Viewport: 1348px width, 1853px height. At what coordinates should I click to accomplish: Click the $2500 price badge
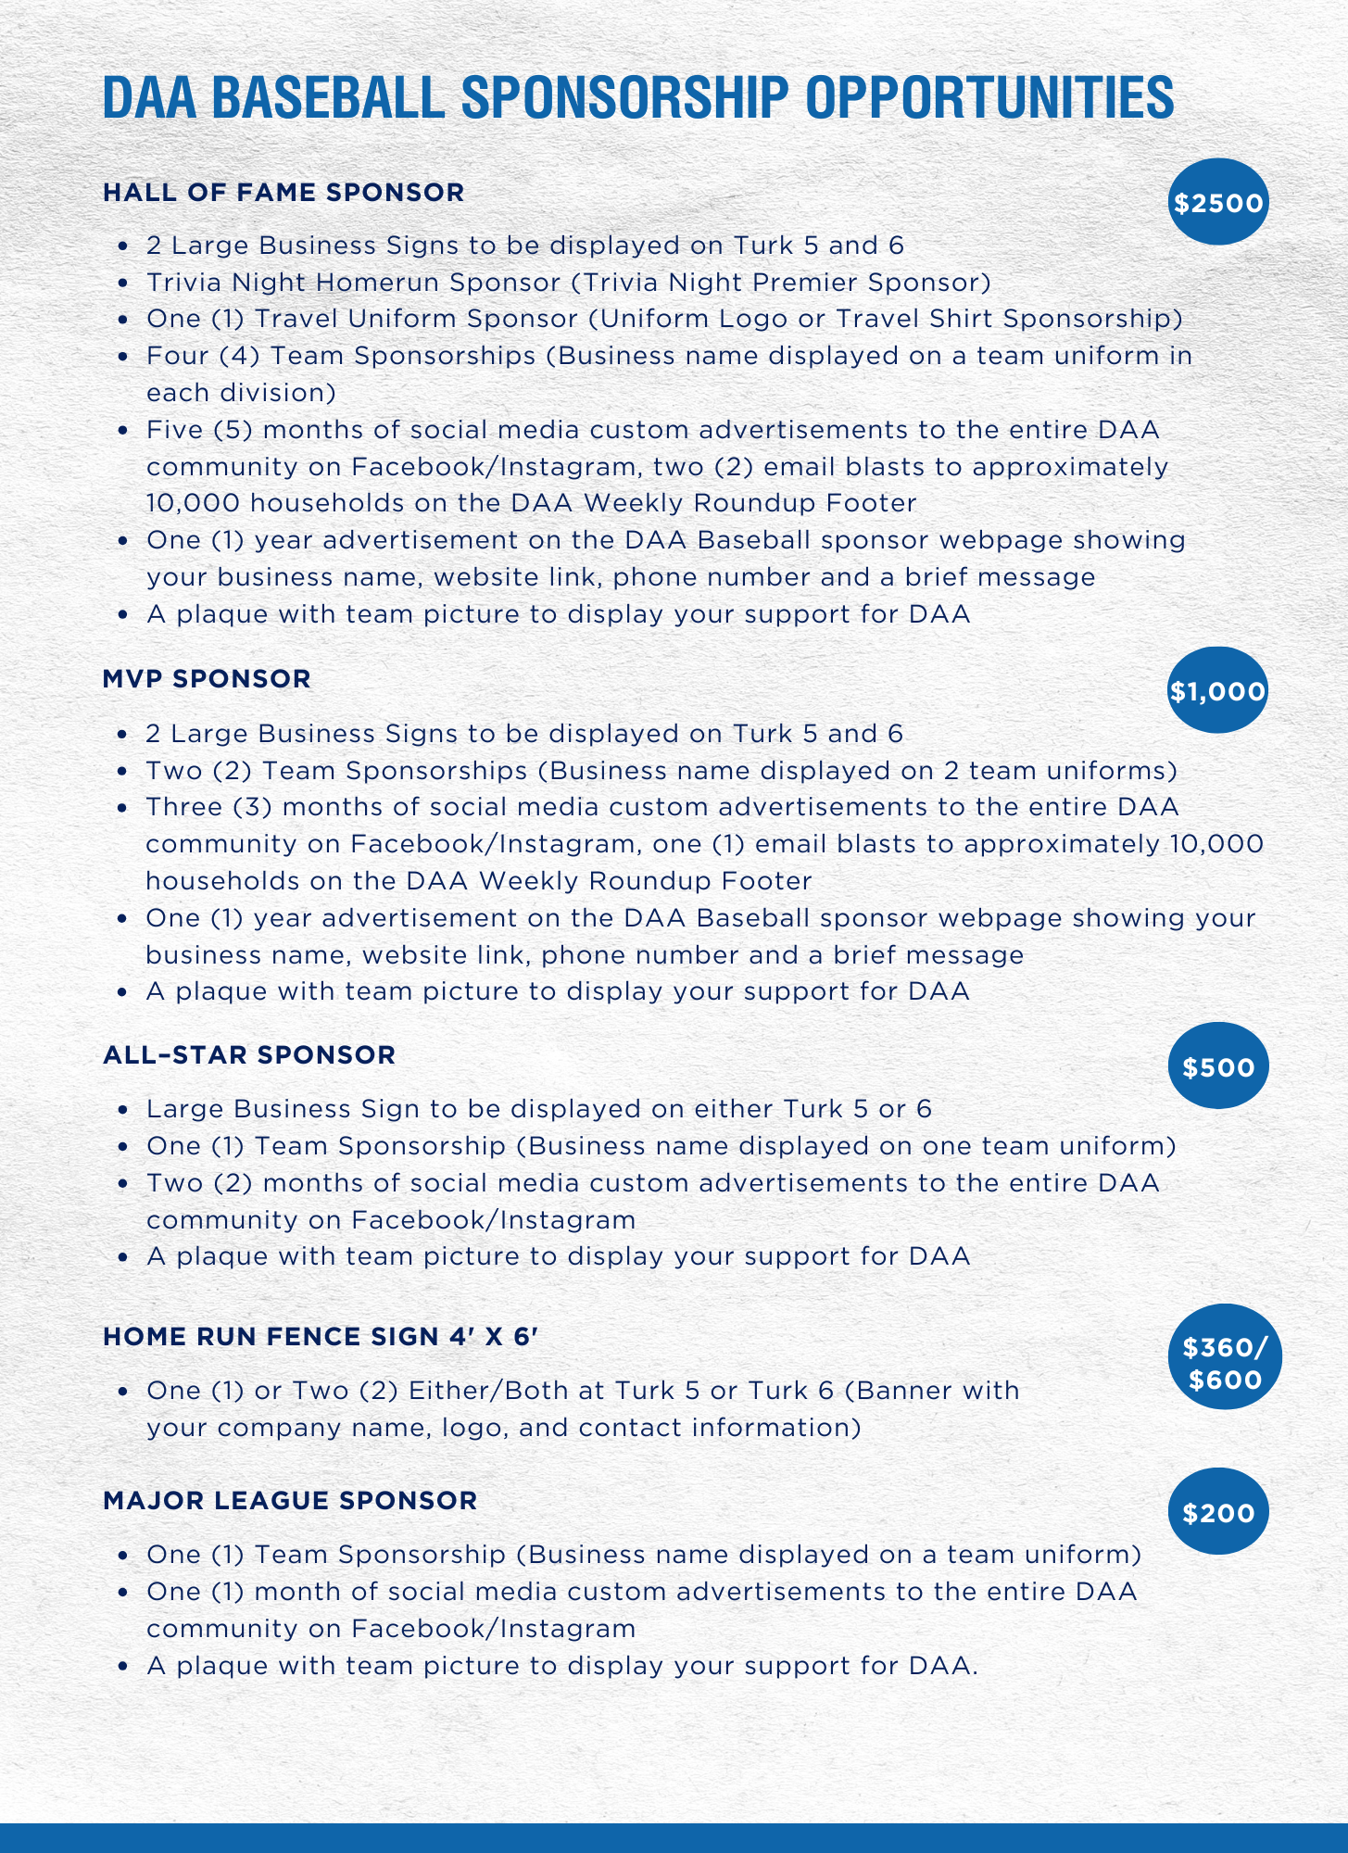1217,202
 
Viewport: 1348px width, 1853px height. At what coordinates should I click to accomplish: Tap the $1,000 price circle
1217,690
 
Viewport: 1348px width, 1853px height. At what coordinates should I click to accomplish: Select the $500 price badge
1217,1066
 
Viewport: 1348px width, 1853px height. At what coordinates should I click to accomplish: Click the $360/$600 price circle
1225,1363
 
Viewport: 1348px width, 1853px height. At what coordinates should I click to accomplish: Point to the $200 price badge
1217,1512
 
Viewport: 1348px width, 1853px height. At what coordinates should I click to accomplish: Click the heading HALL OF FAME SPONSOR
283,193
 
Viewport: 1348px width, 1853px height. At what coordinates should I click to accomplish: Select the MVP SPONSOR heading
207,679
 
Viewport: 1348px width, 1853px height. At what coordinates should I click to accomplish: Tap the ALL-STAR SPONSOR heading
249,1055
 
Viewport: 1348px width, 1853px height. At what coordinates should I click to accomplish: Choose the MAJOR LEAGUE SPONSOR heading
290,1500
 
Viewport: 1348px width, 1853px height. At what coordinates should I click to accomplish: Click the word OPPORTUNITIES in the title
989,97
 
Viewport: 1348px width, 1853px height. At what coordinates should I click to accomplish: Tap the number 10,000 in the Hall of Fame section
193,503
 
